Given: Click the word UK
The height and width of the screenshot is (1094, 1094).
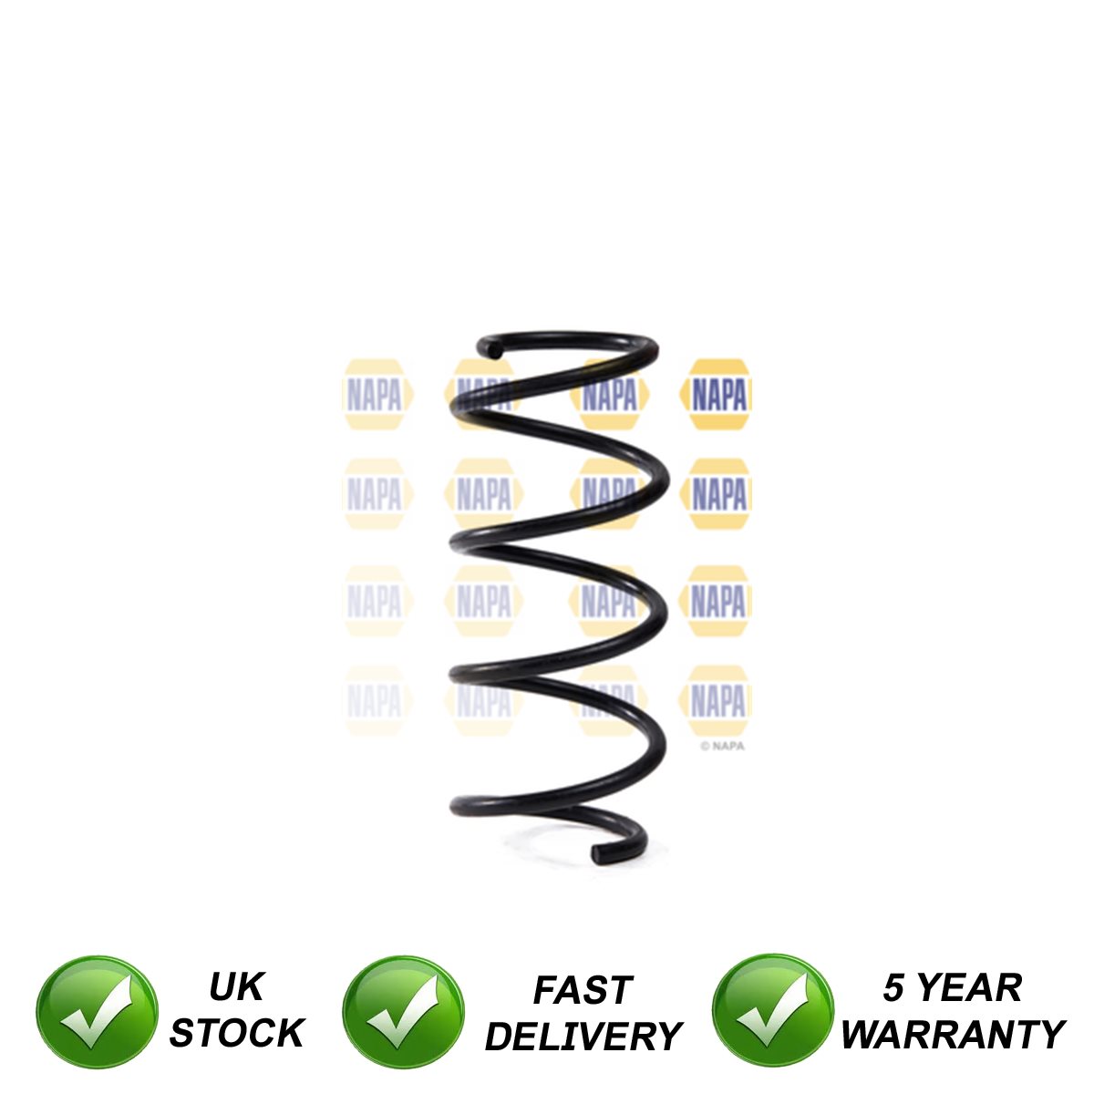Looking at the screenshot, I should [x=235, y=987].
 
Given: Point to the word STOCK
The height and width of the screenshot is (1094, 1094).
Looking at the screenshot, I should [x=236, y=1034].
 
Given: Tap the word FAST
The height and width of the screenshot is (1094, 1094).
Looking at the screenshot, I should [x=583, y=991].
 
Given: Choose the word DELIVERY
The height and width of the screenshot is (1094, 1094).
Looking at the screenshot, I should [x=583, y=1037].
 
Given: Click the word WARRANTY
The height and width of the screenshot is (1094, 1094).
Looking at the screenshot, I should [x=953, y=1035].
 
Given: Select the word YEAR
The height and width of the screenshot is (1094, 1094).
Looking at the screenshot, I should [x=968, y=988].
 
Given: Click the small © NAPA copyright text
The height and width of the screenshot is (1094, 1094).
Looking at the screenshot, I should [x=722, y=745].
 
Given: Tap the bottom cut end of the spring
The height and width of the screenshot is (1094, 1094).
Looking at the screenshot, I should [x=601, y=854].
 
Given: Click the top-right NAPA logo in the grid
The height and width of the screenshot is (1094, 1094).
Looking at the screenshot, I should [x=717, y=395].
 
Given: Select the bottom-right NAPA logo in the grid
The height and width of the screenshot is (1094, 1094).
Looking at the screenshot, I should [x=717, y=701].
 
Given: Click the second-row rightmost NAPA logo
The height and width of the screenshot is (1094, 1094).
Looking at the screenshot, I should [x=717, y=495].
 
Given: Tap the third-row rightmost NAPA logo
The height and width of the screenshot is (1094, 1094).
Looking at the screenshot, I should [x=717, y=601].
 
